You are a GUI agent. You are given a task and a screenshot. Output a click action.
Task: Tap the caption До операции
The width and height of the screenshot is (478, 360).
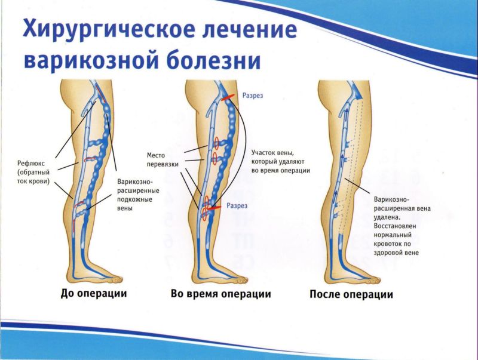click(94, 294)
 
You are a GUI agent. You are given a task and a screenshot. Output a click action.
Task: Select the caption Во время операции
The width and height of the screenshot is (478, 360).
click(220, 294)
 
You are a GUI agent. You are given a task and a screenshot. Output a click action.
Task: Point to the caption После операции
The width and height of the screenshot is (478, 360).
click(351, 294)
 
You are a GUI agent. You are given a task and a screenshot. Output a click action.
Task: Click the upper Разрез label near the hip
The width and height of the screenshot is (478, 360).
click(252, 96)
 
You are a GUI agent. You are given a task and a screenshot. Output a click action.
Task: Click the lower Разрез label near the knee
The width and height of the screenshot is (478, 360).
click(237, 206)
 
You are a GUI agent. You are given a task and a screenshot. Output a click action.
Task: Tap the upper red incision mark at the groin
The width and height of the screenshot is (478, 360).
click(228, 97)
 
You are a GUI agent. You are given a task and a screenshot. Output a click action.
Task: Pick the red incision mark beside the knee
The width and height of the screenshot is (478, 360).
click(214, 207)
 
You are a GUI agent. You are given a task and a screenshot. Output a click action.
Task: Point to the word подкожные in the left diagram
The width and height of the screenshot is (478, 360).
click(135, 199)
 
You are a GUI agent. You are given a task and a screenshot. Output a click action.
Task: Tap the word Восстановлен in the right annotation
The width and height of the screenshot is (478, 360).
click(395, 226)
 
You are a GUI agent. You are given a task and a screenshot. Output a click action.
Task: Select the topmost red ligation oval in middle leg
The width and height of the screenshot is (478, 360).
click(216, 143)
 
